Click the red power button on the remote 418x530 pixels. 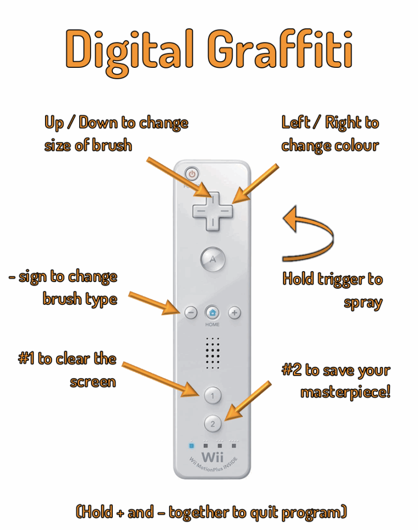(192, 174)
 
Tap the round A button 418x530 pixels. (213, 260)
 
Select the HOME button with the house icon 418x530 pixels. (212, 313)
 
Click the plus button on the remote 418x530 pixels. (234, 313)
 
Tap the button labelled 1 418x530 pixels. (212, 395)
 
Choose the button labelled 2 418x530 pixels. (213, 423)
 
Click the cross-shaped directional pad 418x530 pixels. (213, 212)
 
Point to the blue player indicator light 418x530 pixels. (191, 446)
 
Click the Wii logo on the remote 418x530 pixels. (213, 457)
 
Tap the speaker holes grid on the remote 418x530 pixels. (213, 352)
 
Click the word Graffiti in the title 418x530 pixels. (280, 49)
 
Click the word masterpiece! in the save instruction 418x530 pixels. (346, 393)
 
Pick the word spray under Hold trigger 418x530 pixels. (363, 303)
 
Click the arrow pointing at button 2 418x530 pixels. (248, 401)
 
